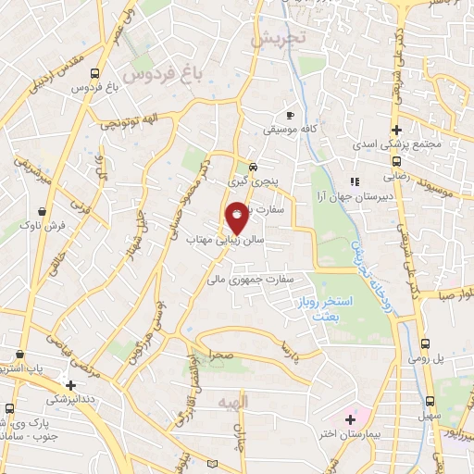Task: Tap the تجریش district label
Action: pos(278,41)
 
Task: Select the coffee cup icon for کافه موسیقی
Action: pos(290,116)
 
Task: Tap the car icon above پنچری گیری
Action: pos(253,168)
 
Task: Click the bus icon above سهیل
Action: pos(429,401)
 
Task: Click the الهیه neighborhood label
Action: pos(232,404)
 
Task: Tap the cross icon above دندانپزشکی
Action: pos(70,384)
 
